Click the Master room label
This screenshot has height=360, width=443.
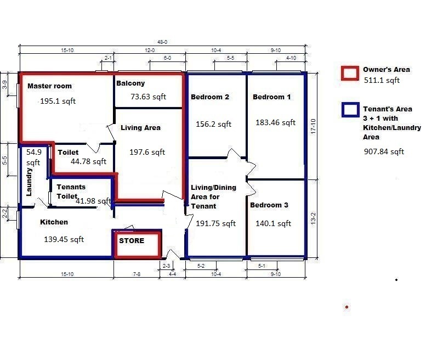tap(49, 86)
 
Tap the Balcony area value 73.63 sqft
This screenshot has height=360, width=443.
tap(149, 97)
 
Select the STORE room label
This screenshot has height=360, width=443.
tap(132, 241)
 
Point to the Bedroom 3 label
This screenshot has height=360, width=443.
tap(269, 205)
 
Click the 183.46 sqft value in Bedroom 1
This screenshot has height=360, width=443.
tap(275, 122)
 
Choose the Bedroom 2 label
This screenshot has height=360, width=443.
tap(210, 97)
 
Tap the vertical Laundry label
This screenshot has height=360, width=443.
tap(29, 182)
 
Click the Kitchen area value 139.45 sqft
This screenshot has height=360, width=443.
tap(64, 239)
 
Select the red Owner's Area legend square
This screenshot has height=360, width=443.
tap(350, 74)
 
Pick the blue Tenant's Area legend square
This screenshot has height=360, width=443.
tap(350, 110)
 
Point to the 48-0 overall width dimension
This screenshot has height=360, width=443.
tap(162, 42)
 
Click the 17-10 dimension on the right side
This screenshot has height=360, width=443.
tap(313, 126)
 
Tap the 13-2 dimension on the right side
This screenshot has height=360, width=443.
tap(313, 218)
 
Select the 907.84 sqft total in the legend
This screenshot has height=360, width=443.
tap(384, 151)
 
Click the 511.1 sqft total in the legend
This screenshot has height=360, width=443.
tap(382, 80)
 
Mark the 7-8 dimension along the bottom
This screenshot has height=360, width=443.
tap(137, 274)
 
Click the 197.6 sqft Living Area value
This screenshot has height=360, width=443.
tap(147, 152)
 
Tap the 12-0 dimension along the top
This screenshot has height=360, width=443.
tap(150, 50)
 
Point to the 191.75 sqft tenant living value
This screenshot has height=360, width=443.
tap(215, 223)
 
